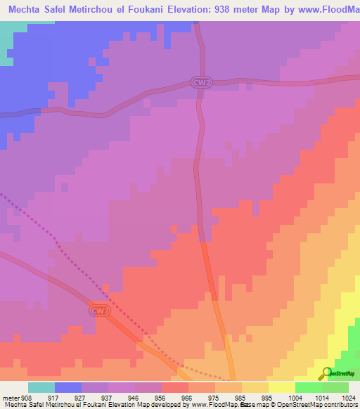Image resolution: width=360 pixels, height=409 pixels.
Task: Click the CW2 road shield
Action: point(200,82)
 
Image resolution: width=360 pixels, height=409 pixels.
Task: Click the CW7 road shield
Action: point(100,309)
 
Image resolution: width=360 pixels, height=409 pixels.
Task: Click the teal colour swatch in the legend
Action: point(41,387)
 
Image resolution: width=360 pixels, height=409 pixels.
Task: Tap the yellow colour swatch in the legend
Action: point(282,387)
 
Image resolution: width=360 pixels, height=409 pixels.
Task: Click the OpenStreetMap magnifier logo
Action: point(326,374)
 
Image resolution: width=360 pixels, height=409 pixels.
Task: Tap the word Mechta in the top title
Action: point(27,9)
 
